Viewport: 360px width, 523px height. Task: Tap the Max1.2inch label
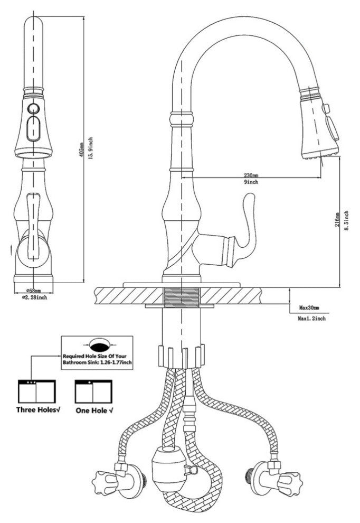[311, 319]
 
